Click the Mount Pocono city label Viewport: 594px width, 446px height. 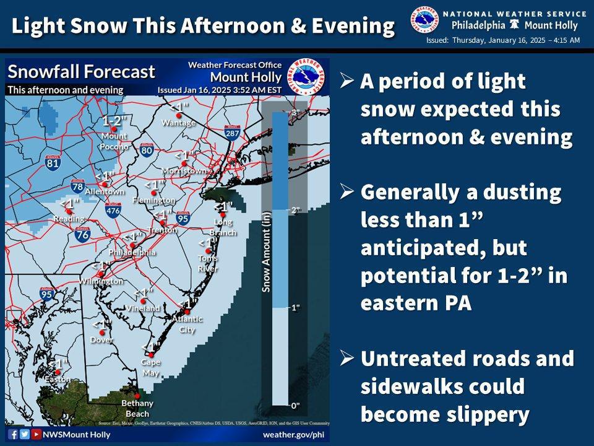click(114, 141)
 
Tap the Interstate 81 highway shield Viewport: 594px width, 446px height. click(53, 163)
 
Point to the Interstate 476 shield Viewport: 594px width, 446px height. click(113, 210)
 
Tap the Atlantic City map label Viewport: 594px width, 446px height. click(186, 324)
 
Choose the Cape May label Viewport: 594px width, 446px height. click(150, 365)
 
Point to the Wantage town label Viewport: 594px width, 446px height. click(174, 123)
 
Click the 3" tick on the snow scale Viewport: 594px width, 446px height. click(295, 111)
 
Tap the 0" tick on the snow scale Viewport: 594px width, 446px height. click(295, 405)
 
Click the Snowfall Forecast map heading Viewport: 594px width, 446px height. click(81, 71)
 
